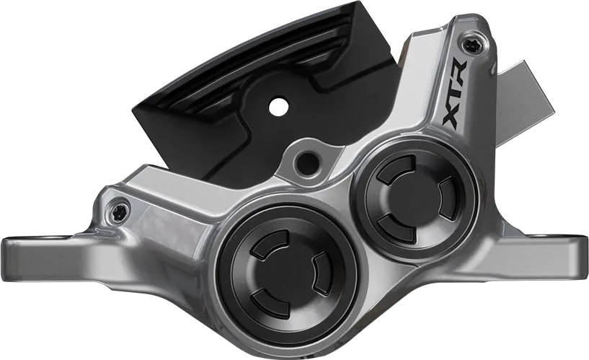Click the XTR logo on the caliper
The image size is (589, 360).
[455, 96]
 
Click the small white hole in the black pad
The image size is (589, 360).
[279, 106]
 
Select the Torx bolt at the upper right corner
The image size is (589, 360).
[471, 45]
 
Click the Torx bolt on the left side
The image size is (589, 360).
[120, 206]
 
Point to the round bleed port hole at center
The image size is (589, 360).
[306, 161]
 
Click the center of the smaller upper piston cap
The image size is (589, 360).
[415, 199]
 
